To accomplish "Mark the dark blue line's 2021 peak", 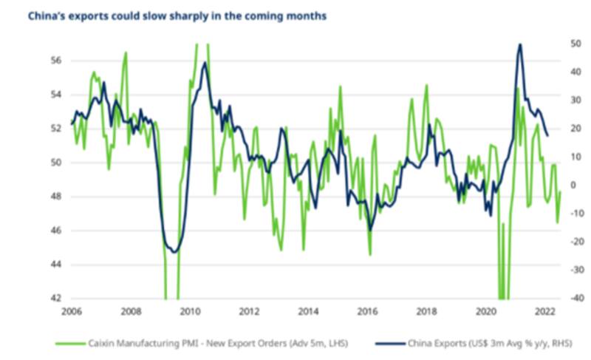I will (x=520, y=44).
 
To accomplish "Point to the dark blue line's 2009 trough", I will (x=175, y=252).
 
